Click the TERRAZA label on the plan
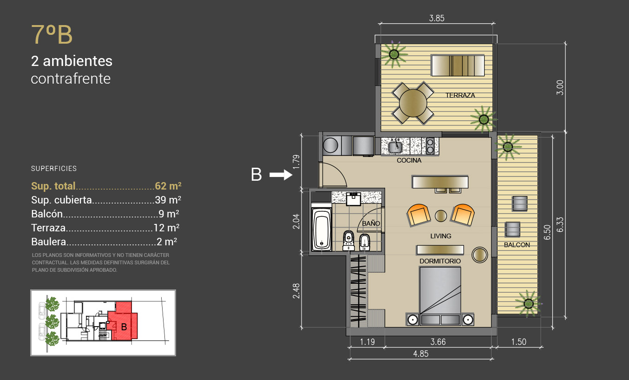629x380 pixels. [460, 95]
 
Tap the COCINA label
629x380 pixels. [409, 160]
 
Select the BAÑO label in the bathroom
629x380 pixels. [371, 223]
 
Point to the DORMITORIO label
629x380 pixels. [440, 261]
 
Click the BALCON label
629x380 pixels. [517, 245]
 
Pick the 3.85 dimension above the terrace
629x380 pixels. [437, 18]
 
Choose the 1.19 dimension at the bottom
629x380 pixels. [367, 342]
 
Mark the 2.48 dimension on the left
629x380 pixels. [296, 291]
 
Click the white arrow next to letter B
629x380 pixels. [281, 175]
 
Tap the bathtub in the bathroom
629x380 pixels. [321, 229]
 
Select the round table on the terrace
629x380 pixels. [413, 103]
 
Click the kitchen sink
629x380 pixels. [395, 147]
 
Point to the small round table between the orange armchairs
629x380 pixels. [440, 216]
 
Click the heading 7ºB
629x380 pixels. [52, 34]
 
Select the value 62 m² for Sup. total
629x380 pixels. [168, 186]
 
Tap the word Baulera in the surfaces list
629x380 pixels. [49, 242]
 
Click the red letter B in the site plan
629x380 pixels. [124, 327]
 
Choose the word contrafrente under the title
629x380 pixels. [71, 79]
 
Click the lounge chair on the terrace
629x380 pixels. [458, 66]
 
